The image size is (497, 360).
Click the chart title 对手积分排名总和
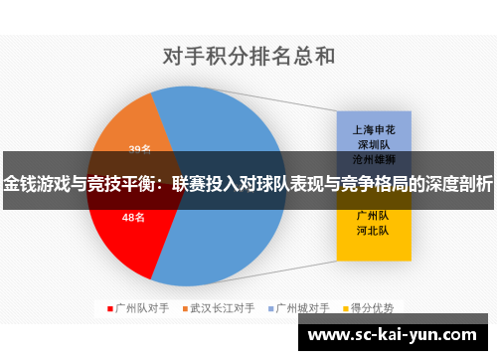pos(248,55)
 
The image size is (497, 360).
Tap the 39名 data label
pos(140,149)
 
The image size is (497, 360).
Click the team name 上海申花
pos(372,129)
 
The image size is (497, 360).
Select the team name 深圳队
pos(372,143)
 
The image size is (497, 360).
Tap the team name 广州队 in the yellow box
pos(372,215)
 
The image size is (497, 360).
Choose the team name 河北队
pos(372,230)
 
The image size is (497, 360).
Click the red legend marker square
pos(110,308)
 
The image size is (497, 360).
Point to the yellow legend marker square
pos(345,308)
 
